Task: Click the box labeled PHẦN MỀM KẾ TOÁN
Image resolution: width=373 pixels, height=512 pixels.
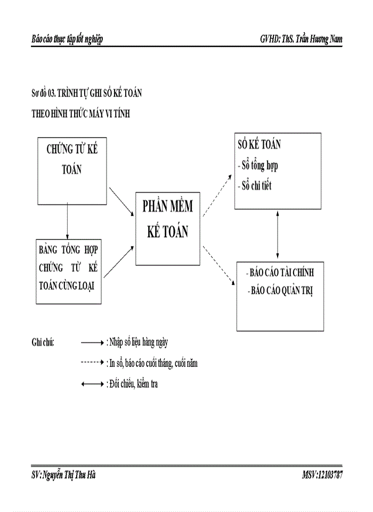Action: (167, 228)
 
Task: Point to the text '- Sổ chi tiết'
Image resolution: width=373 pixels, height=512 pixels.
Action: (255, 187)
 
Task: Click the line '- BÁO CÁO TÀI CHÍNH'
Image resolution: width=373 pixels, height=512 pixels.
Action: (281, 273)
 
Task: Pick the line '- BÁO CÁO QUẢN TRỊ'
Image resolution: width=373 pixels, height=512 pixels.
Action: (281, 293)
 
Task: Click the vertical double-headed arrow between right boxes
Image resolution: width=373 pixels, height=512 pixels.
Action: (278, 235)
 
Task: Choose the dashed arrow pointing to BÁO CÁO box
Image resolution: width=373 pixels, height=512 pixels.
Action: (219, 267)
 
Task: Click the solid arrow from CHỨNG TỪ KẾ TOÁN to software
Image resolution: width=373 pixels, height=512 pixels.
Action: (121, 201)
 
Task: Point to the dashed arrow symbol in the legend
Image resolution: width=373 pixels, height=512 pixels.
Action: (92, 363)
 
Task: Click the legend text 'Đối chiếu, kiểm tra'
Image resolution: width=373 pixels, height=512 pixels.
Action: (133, 383)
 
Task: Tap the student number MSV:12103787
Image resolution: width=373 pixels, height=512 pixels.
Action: (322, 475)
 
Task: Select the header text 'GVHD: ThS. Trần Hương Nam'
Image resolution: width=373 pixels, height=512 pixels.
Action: (301, 39)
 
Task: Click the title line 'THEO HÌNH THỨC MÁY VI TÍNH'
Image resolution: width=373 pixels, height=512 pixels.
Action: (81, 114)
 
